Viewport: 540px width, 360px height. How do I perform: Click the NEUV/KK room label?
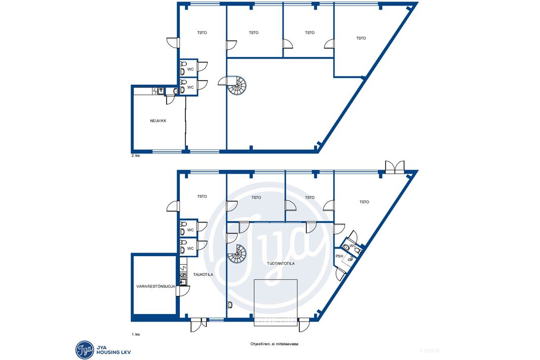point(158,121)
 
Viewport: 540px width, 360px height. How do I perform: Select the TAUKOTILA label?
point(203,274)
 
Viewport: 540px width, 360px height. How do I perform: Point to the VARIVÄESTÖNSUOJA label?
point(156,287)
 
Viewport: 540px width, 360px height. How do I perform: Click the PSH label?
point(339,256)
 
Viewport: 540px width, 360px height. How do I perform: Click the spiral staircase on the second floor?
point(237,86)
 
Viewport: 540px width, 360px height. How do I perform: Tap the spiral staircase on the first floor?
point(237,254)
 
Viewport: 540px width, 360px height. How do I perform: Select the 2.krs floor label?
point(135,155)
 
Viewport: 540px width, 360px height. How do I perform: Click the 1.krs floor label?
point(135,334)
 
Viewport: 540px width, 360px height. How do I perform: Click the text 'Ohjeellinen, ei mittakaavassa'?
point(274,344)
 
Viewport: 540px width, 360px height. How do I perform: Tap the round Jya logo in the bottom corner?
point(85,350)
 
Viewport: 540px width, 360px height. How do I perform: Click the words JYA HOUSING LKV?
point(113,350)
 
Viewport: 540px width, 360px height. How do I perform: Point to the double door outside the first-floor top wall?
point(395,167)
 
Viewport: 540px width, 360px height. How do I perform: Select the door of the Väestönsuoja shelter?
point(183,291)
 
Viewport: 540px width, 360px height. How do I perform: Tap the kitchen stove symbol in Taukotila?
point(183,275)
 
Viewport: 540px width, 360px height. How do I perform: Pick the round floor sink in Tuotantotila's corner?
point(230,305)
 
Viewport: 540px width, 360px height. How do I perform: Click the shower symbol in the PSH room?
point(350,258)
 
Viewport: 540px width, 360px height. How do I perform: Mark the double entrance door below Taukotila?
point(199,325)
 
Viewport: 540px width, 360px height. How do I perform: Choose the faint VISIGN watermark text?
point(429,351)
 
